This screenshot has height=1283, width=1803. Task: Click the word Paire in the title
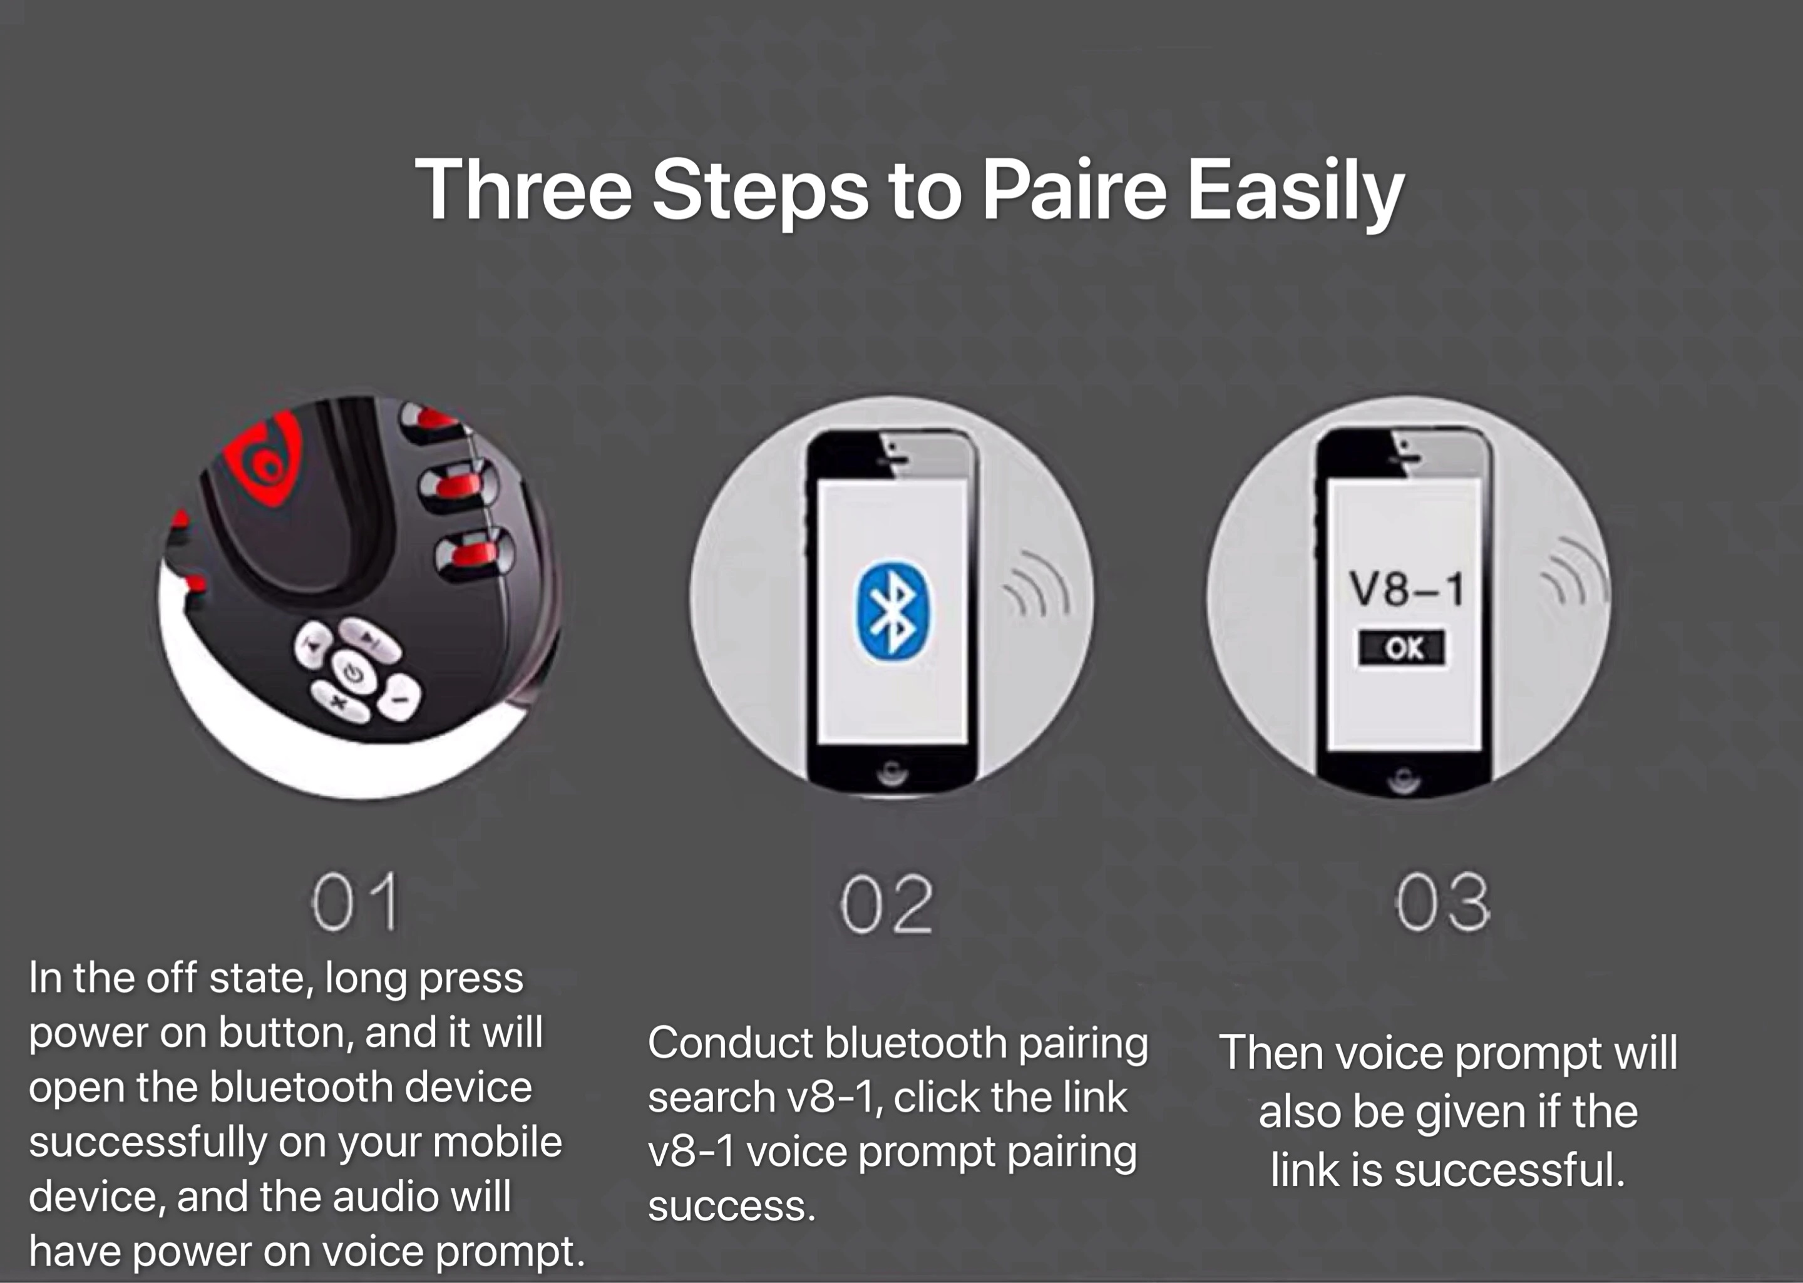pos(1074,190)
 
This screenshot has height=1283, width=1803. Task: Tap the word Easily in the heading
pos(1296,193)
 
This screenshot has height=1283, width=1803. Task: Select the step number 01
pos(355,902)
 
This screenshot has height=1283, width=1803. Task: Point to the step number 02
pos(886,904)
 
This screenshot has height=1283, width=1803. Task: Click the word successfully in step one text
pos(146,1143)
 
